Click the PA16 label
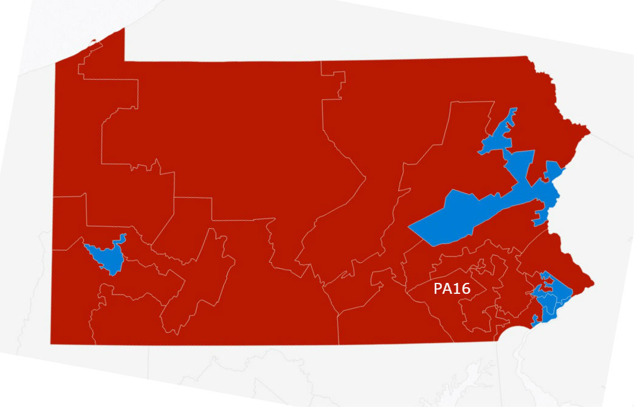click(452, 289)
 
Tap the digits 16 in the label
click(462, 289)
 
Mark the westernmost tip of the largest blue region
click(409, 229)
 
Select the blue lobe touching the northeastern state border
click(554, 170)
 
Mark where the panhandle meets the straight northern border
click(125, 61)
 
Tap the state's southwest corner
click(51, 344)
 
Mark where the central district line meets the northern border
click(321, 61)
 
